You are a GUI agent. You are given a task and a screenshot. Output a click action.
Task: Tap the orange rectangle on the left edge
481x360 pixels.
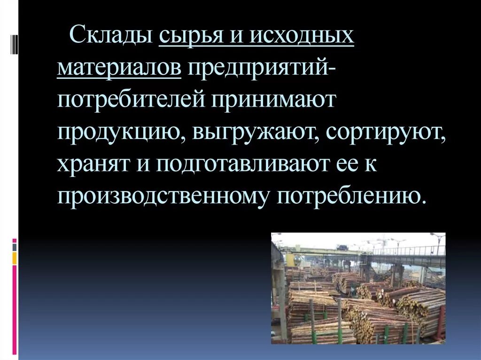pos(15,258)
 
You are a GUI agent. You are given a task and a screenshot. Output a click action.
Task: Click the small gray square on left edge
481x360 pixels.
pos(15,246)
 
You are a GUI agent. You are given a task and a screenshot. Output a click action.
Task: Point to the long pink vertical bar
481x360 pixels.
pos(15,310)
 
